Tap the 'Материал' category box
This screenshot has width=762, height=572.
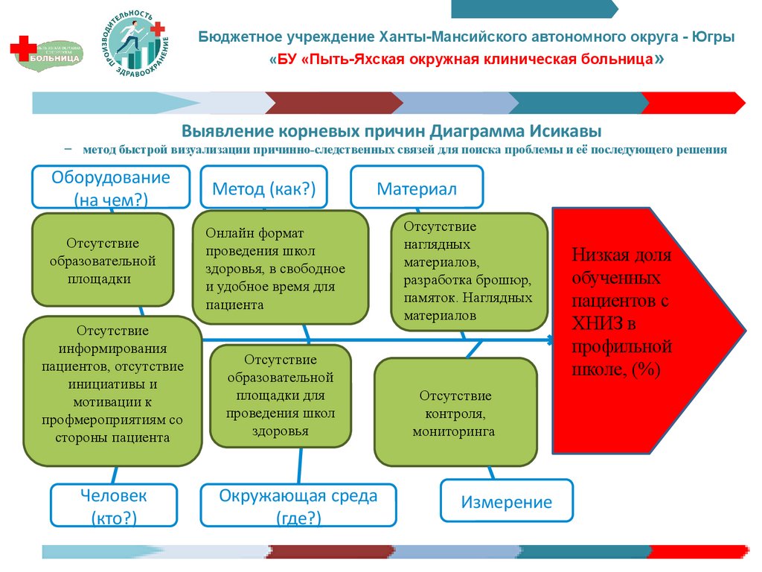point(417,188)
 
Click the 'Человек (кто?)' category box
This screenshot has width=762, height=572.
point(114,505)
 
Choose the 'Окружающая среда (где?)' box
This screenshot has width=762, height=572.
point(298,505)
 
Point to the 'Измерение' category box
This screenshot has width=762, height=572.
point(507,501)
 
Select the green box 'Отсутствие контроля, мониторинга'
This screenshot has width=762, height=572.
point(455,412)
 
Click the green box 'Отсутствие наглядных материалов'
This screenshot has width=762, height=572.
point(469,271)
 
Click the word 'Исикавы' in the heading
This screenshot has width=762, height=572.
point(566,130)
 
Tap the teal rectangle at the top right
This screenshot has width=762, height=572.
point(534,8)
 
